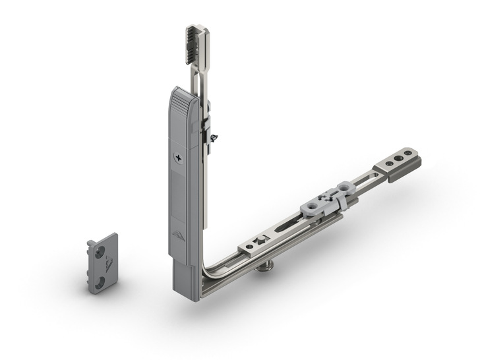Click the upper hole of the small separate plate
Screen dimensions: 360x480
[x=99, y=251]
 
